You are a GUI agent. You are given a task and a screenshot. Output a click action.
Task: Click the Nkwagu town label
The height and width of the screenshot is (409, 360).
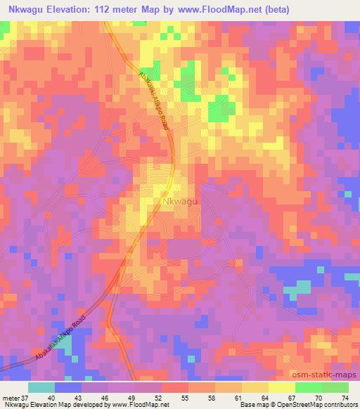pos(180,202)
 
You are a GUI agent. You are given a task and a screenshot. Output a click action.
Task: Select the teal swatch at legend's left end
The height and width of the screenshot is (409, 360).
pos(41,387)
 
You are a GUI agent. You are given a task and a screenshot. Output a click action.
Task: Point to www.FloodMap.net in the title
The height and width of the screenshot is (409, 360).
pos(218,10)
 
